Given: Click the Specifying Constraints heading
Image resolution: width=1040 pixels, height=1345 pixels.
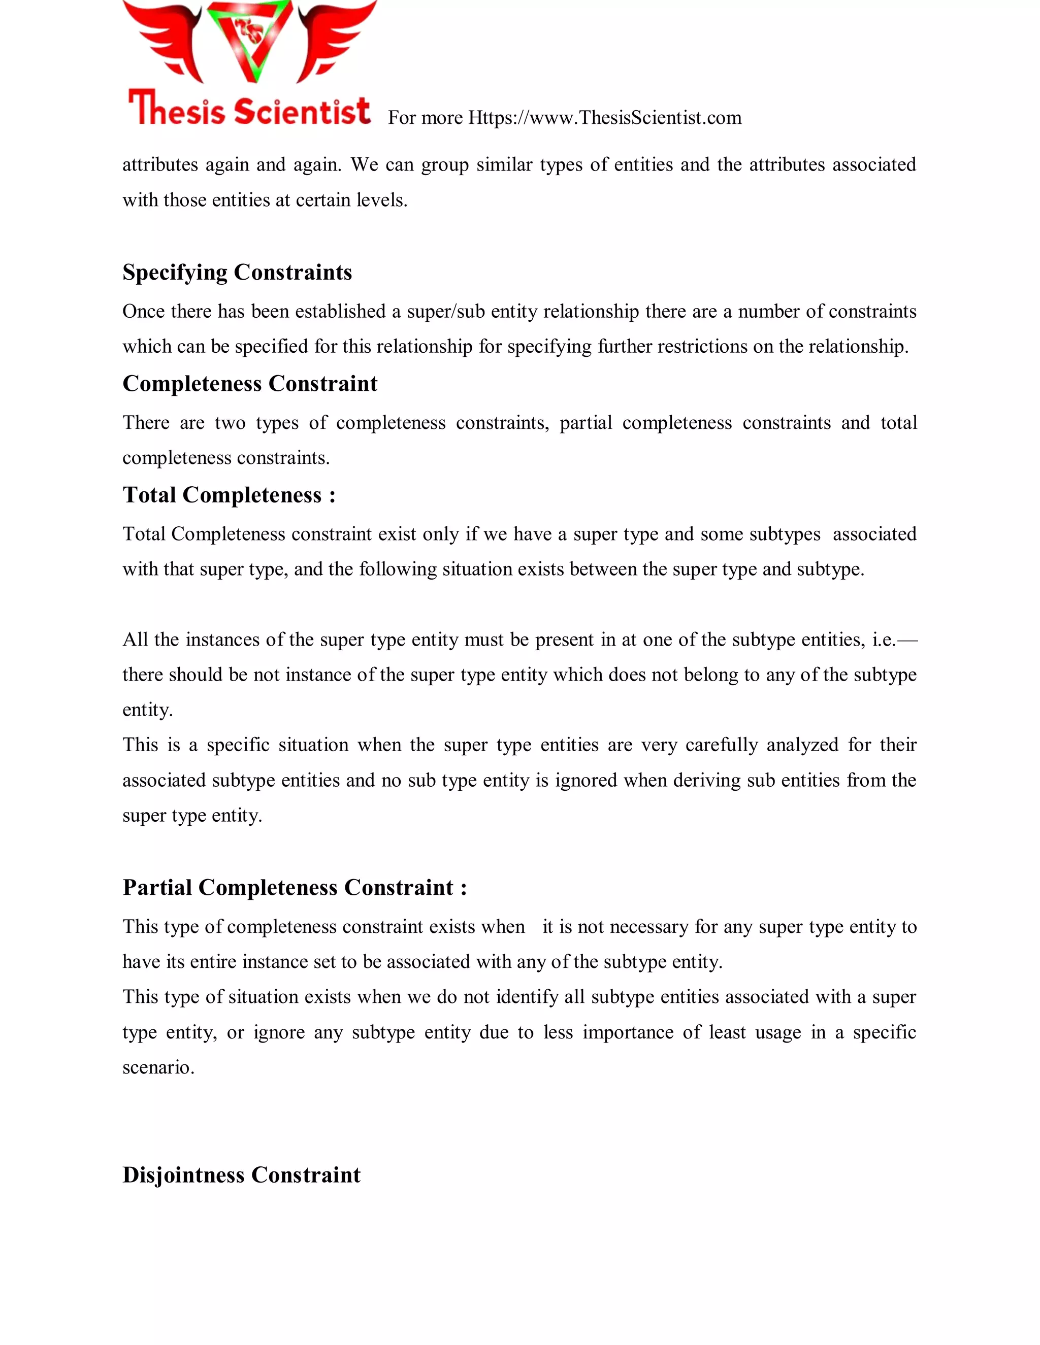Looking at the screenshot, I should [x=237, y=272].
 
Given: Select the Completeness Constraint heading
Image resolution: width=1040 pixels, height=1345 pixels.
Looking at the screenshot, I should [x=249, y=384].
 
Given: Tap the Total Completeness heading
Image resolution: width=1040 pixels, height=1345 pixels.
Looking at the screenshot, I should [x=229, y=495].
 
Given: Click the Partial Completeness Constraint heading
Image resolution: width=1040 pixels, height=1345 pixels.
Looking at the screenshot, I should [x=295, y=887].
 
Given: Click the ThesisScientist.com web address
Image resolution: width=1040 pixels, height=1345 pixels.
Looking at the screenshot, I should [x=604, y=118].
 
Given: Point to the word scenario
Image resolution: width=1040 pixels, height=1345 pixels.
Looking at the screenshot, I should [x=158, y=1067].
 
